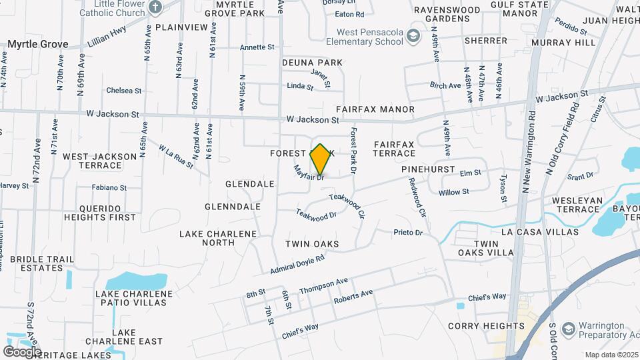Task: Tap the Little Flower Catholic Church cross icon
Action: [x=155, y=8]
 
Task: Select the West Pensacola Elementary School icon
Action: [x=413, y=36]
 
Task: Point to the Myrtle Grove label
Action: [x=38, y=44]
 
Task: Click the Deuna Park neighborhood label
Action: [x=312, y=63]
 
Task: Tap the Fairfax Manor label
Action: [x=375, y=109]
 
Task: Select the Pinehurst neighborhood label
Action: [x=427, y=170]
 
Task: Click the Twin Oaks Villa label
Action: [x=485, y=248]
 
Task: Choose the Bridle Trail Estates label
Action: [x=37, y=263]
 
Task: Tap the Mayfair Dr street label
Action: [x=309, y=173]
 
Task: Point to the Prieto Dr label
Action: [x=408, y=232]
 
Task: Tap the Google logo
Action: [x=22, y=351]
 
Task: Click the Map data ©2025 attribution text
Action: [x=610, y=355]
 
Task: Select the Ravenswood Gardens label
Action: [x=447, y=15]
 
